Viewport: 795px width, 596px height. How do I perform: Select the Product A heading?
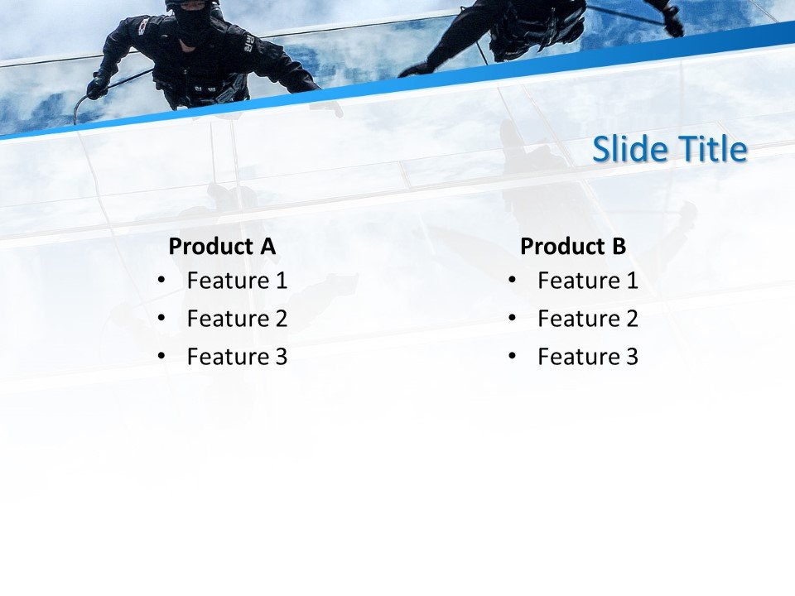(222, 246)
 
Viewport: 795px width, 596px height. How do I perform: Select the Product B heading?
(573, 246)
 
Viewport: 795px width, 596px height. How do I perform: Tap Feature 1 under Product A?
(237, 281)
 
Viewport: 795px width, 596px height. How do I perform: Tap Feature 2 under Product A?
(237, 319)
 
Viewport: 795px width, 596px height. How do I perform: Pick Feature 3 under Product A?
(237, 357)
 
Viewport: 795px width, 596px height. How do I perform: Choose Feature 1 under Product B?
(588, 281)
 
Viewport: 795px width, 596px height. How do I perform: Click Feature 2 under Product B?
(588, 319)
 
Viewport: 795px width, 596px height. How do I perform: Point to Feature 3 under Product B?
(588, 357)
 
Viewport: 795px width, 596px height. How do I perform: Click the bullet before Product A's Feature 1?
(161, 281)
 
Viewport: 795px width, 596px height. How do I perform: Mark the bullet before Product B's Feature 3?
(512, 357)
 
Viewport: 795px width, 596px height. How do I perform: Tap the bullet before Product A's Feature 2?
(161, 319)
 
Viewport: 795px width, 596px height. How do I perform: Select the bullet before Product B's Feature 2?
(512, 319)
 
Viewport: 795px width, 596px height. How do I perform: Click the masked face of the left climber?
(193, 25)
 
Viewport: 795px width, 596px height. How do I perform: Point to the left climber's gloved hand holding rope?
(98, 86)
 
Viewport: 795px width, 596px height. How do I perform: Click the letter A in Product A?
(267, 246)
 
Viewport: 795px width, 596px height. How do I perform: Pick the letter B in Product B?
(619, 246)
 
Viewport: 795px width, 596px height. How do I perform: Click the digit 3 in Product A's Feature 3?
(281, 357)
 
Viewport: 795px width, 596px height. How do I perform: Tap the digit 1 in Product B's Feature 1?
(632, 281)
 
